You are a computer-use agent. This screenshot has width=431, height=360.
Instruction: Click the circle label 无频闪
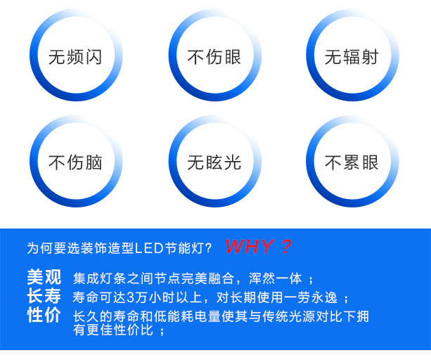point(75,57)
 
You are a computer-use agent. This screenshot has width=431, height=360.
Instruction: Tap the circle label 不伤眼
point(214,57)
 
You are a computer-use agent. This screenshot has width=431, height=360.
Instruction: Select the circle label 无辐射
point(352,57)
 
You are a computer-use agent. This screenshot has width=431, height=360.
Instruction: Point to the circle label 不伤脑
point(75,162)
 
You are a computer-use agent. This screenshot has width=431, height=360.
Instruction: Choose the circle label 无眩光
point(214,162)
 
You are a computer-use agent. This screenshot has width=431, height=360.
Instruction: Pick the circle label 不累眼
point(352,162)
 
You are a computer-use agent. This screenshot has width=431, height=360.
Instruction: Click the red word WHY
point(250,247)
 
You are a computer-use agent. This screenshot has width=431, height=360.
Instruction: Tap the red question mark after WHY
point(286,247)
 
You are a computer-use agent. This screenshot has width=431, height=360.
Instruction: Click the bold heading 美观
point(44,277)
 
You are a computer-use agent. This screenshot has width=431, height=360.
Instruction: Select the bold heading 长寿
point(44,296)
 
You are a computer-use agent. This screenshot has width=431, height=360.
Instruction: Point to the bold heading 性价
point(44,315)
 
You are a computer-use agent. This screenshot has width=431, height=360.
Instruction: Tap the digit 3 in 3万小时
point(130,297)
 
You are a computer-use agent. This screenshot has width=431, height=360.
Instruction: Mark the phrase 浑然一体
point(276,278)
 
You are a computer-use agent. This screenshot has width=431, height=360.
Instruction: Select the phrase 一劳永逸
point(310,297)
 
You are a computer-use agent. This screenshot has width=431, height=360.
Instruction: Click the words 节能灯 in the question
point(184,248)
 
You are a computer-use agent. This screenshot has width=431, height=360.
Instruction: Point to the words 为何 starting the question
point(40,248)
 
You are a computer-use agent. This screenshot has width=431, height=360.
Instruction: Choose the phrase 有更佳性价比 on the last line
point(113,330)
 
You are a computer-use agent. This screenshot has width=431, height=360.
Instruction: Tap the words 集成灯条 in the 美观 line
point(100,278)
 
